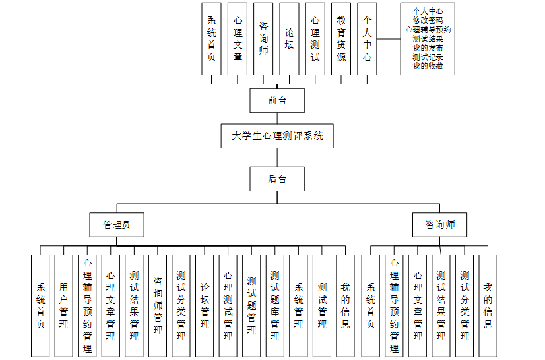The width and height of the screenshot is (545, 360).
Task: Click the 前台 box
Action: pyautogui.click(x=277, y=101)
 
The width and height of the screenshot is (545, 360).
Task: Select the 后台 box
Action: pyautogui.click(x=277, y=179)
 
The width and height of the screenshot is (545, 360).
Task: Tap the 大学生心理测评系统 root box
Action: pyautogui.click(x=277, y=136)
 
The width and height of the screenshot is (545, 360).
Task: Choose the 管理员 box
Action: pyautogui.click(x=117, y=225)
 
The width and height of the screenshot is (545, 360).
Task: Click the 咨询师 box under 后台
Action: pyautogui.click(x=439, y=225)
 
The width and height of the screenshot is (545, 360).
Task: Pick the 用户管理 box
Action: pyautogui.click(x=64, y=305)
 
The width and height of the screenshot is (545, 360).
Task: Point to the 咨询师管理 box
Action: pyautogui.click(x=158, y=305)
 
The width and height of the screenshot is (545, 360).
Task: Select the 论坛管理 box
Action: pyautogui.click(x=205, y=305)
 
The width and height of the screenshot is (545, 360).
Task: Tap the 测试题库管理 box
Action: pyautogui.click(x=275, y=305)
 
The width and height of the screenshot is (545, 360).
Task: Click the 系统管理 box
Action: pyautogui.click(x=298, y=305)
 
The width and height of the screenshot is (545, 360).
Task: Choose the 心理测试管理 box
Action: pyautogui.click(x=228, y=305)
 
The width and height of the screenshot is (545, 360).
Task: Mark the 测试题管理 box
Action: pyautogui.click(x=251, y=305)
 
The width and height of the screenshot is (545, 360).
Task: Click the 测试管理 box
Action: pyautogui.click(x=322, y=305)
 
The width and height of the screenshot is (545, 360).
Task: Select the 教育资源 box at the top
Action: pyautogui.click(x=341, y=39)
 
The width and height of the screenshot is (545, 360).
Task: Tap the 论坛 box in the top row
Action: pyautogui.click(x=289, y=39)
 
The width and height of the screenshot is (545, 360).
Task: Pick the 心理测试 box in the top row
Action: pyautogui.click(x=315, y=39)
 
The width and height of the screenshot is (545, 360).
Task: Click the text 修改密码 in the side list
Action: pyautogui.click(x=428, y=20)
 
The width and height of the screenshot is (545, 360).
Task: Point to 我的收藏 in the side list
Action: pyautogui.click(x=428, y=66)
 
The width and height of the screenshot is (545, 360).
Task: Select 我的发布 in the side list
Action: pyautogui.click(x=428, y=48)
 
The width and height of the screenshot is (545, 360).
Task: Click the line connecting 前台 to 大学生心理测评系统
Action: pyautogui.click(x=277, y=119)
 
